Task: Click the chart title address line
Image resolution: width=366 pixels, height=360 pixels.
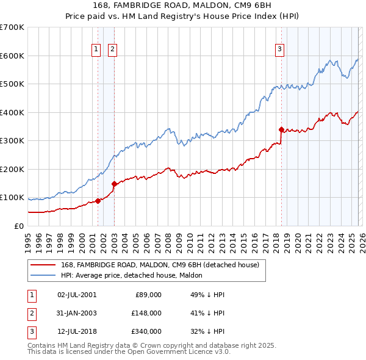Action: (x=183, y=5)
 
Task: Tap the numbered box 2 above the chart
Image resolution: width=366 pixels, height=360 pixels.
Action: (x=113, y=50)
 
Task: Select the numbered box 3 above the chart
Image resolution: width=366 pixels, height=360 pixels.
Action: (x=279, y=50)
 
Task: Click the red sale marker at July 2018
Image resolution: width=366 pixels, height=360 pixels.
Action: (x=281, y=129)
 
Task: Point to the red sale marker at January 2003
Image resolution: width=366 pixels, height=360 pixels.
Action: (x=114, y=184)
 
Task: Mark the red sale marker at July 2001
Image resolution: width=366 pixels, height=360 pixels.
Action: (x=98, y=201)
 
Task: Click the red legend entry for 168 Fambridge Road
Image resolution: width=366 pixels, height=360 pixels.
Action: (x=160, y=265)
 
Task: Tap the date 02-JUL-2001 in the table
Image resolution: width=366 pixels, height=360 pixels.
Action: (x=77, y=294)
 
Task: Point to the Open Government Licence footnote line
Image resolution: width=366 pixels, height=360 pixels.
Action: (x=129, y=352)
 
